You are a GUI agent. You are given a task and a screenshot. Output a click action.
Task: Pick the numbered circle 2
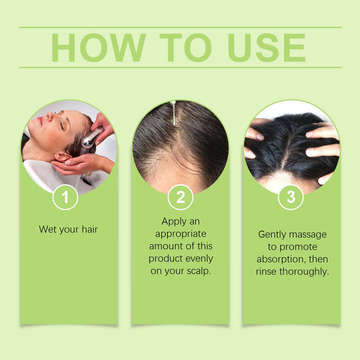pos(180,197)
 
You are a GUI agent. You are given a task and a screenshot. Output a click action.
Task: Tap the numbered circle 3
pos(291,197)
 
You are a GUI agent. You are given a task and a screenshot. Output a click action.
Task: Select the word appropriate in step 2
pos(180,234)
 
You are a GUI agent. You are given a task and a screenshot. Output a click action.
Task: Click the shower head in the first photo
pos(91,139)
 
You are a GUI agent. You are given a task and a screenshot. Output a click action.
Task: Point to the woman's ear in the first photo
pos(60,158)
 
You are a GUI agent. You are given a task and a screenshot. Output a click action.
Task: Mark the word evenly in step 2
pos(199,259)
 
